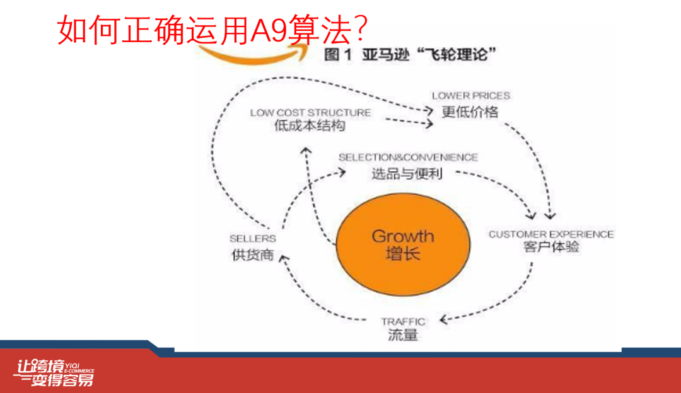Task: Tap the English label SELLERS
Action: [x=253, y=239]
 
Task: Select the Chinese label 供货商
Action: [x=252, y=255]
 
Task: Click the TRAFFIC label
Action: [x=403, y=321]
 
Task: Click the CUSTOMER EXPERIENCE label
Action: [x=551, y=234]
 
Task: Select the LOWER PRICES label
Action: [x=470, y=96]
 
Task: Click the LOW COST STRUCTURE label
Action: [x=310, y=113]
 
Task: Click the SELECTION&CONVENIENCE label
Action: [x=408, y=157]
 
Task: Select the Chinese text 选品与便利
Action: [x=407, y=173]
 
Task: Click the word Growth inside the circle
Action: [x=403, y=236]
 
